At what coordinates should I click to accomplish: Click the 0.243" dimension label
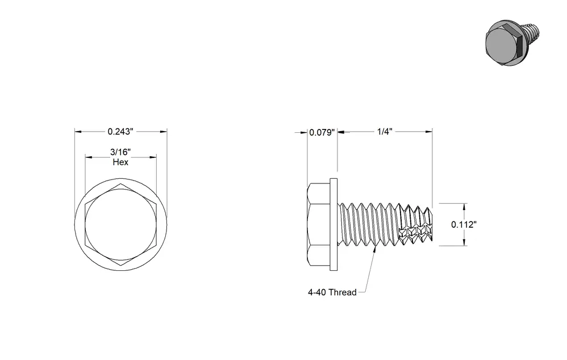(x=120, y=132)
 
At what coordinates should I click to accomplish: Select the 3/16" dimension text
(x=120, y=152)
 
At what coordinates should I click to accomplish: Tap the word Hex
(x=120, y=162)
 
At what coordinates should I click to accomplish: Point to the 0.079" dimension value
(x=322, y=133)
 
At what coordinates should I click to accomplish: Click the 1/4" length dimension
(x=385, y=132)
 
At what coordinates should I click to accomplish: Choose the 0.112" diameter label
(x=464, y=224)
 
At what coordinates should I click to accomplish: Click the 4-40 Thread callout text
(x=332, y=292)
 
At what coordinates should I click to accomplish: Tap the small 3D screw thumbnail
(x=512, y=43)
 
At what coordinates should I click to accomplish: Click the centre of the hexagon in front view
(x=121, y=225)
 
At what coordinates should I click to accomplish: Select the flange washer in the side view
(x=333, y=224)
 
